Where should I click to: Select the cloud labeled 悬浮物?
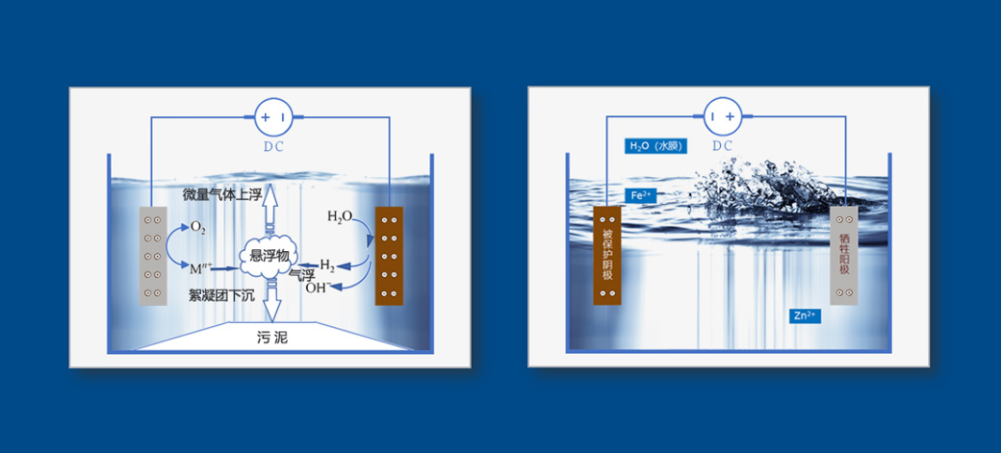point(269,256)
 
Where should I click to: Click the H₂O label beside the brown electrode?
point(339,217)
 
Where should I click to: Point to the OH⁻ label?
point(318,288)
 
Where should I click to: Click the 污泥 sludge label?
point(272,338)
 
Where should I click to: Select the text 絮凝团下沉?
point(220,296)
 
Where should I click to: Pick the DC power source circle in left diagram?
point(273,116)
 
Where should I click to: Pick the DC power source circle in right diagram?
point(721,116)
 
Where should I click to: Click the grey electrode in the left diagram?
point(153,256)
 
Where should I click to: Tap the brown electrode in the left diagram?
point(389,256)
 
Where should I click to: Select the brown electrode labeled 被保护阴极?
point(607,255)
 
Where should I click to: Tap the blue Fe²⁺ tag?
point(640,196)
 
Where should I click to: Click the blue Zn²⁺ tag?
point(805,315)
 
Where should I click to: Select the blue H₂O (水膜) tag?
point(656,147)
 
